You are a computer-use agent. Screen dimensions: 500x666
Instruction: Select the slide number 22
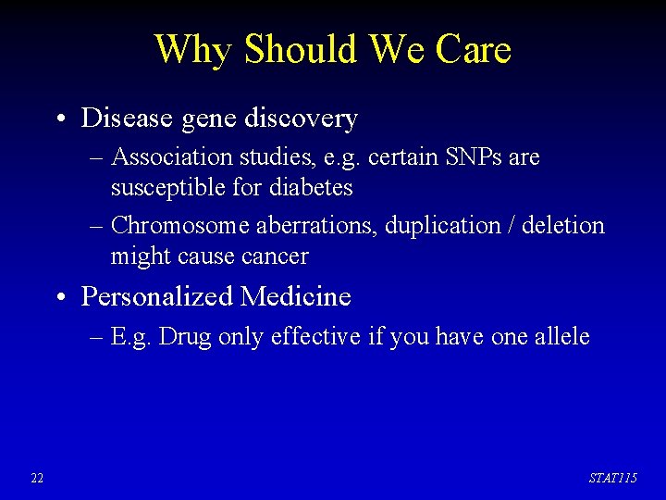pyautogui.click(x=37, y=478)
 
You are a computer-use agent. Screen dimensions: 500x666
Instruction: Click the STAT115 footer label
pyautogui.click(x=613, y=478)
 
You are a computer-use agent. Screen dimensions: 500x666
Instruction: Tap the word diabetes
pyautogui.click(x=311, y=188)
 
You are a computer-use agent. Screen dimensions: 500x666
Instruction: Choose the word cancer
pyautogui.click(x=275, y=256)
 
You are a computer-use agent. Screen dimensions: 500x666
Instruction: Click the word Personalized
pyautogui.click(x=157, y=296)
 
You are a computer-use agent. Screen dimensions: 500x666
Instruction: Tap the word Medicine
pyautogui.click(x=296, y=296)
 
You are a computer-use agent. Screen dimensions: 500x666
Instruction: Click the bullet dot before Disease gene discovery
pyautogui.click(x=59, y=120)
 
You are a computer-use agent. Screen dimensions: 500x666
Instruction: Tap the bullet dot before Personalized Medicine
pyautogui.click(x=59, y=298)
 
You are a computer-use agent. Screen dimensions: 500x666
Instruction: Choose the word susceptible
pyautogui.click(x=168, y=188)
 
